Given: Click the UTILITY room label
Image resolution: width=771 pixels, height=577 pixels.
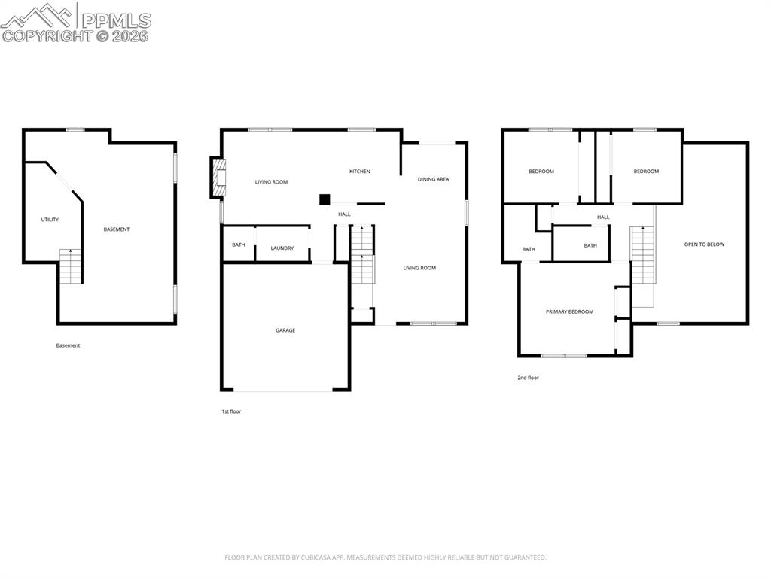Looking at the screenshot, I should [50, 220].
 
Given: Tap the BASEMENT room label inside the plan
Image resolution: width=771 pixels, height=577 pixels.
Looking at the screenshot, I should [117, 229].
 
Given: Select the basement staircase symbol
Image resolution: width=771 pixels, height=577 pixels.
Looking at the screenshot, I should [71, 266].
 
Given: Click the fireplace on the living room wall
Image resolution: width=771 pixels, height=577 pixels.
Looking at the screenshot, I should [217, 178].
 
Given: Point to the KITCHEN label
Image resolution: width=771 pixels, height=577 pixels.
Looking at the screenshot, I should [359, 172].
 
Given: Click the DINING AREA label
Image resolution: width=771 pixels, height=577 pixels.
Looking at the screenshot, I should [434, 179].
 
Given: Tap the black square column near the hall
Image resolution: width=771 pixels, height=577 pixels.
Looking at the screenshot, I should [325, 199].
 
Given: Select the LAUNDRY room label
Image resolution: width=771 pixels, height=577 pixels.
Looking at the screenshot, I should [282, 248].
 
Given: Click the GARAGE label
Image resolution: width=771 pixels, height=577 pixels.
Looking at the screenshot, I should [285, 330].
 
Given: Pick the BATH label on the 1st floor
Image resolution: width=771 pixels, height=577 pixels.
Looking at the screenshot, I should [238, 245].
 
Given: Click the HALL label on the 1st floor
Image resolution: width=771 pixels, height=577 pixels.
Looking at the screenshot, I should [344, 214].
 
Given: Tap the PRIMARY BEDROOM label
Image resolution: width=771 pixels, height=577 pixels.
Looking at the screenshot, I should [569, 311].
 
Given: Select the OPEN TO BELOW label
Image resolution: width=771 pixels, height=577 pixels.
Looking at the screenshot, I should [704, 244].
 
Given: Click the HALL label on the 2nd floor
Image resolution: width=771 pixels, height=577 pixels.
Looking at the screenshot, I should [603, 217].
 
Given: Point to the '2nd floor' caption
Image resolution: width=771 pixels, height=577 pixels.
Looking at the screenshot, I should [528, 378].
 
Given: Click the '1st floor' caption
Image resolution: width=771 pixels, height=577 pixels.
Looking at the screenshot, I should [231, 411].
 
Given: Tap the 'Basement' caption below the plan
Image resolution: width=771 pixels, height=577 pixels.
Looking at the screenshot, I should [68, 345].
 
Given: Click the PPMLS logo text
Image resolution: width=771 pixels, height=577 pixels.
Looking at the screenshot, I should [115, 20].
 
